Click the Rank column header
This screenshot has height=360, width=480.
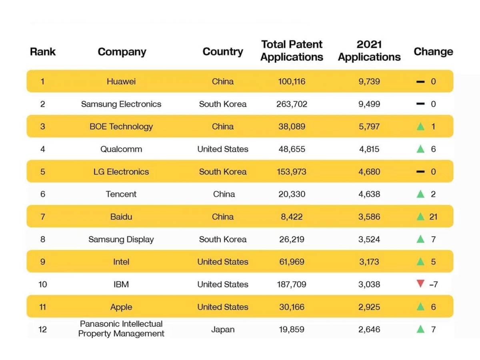(x=43, y=52)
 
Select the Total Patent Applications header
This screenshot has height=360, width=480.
(x=292, y=50)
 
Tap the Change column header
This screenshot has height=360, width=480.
(x=433, y=52)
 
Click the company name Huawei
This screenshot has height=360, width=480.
(x=121, y=82)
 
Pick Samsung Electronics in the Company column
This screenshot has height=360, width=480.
(x=121, y=104)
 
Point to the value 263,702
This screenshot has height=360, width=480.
(x=292, y=104)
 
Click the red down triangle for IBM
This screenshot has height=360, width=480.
(x=420, y=284)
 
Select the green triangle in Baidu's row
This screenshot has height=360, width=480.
(x=420, y=217)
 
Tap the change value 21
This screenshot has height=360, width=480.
(x=433, y=217)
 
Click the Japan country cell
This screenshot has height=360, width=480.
(x=223, y=330)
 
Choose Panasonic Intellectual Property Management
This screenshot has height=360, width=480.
(x=121, y=329)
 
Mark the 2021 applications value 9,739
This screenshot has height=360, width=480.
(x=369, y=82)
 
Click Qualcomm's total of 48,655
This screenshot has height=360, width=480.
(x=292, y=149)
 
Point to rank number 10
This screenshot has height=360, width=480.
(x=43, y=284)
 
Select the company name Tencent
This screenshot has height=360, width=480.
(x=121, y=194)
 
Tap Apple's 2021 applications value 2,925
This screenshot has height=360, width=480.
(x=369, y=307)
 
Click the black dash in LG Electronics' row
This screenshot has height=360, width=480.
(x=420, y=172)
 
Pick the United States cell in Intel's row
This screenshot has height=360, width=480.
(x=223, y=262)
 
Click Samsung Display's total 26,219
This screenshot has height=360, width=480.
(x=292, y=240)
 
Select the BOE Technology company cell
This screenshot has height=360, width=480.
(x=121, y=127)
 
